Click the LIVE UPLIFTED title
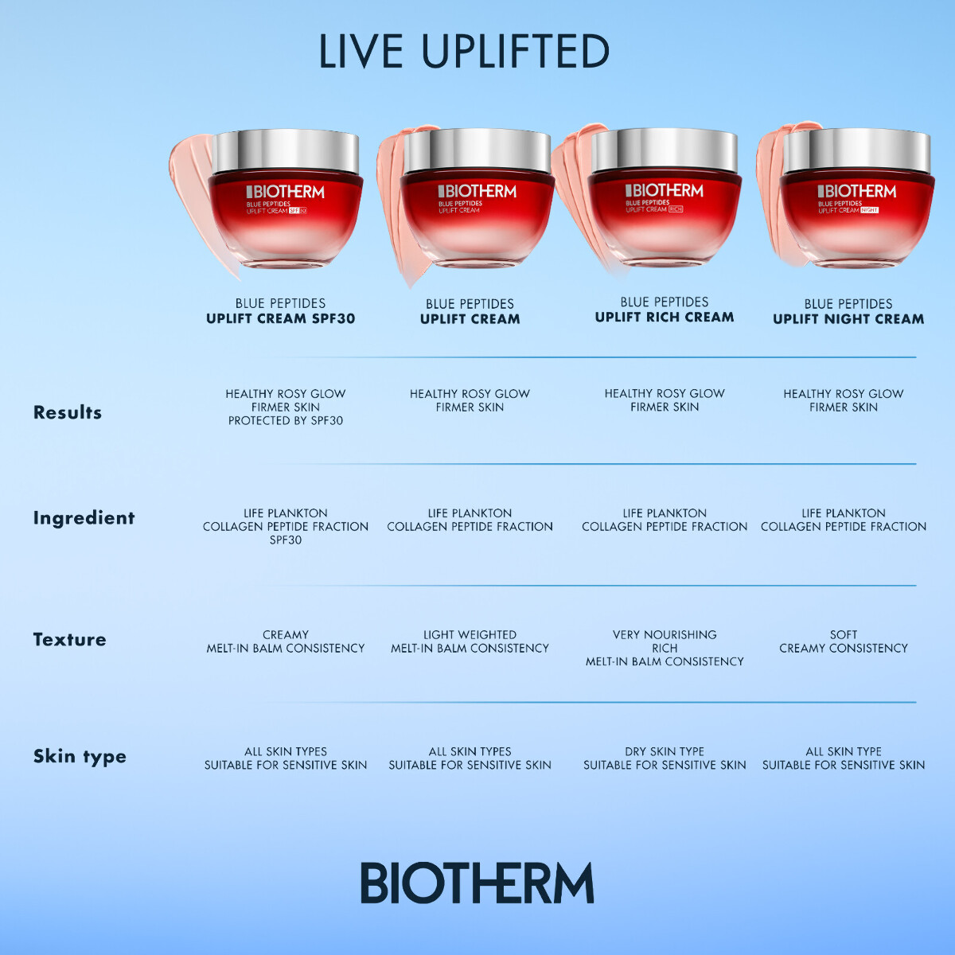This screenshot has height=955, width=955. pyautogui.click(x=464, y=52)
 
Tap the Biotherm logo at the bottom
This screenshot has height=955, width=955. pyautogui.click(x=477, y=883)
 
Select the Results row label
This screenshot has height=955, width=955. pyautogui.click(x=68, y=412)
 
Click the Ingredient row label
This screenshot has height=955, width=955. pyautogui.click(x=84, y=518)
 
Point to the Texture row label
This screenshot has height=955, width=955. pyautogui.click(x=69, y=639)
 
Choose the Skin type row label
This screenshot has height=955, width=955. pyautogui.click(x=80, y=756)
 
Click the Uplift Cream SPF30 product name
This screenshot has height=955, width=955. pyautogui.click(x=280, y=318)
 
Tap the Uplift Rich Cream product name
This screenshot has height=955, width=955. pyautogui.click(x=665, y=317)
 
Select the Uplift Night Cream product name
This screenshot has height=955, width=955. pyautogui.click(x=848, y=318)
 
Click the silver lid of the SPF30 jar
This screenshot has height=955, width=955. pyautogui.click(x=286, y=151)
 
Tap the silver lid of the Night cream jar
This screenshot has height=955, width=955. pyautogui.click(x=856, y=150)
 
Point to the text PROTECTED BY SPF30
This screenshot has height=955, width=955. pyautogui.click(x=286, y=420)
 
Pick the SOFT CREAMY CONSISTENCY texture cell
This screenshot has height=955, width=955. pyautogui.click(x=844, y=641)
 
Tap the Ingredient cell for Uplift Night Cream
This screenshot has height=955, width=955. pyautogui.click(x=844, y=520)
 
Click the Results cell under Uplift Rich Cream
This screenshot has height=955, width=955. pyautogui.click(x=665, y=400)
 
